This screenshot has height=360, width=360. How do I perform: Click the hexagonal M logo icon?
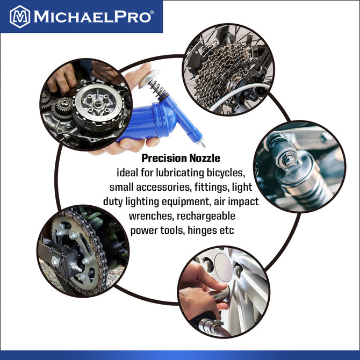pos(20,16)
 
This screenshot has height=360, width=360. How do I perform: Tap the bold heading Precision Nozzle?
pos(181,159)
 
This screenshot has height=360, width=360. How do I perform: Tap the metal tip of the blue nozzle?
pos(204,144)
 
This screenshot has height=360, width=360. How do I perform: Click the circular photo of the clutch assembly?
pos(86,104)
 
